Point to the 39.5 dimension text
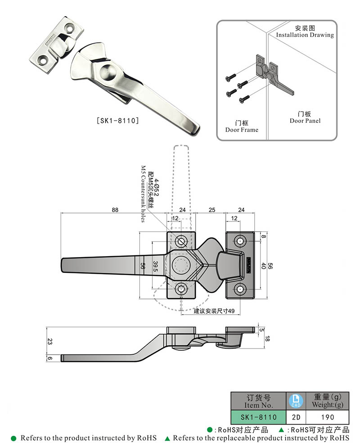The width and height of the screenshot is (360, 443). click(155, 267)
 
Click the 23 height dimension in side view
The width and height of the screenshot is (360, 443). click(49, 342)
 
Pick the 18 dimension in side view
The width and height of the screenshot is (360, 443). click(267, 338)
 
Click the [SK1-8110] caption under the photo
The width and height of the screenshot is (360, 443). click(117, 121)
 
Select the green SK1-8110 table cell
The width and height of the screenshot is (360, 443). click(258, 417)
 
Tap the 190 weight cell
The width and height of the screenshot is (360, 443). click(327, 417)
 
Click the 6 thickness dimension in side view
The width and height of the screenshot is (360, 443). click(49, 358)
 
